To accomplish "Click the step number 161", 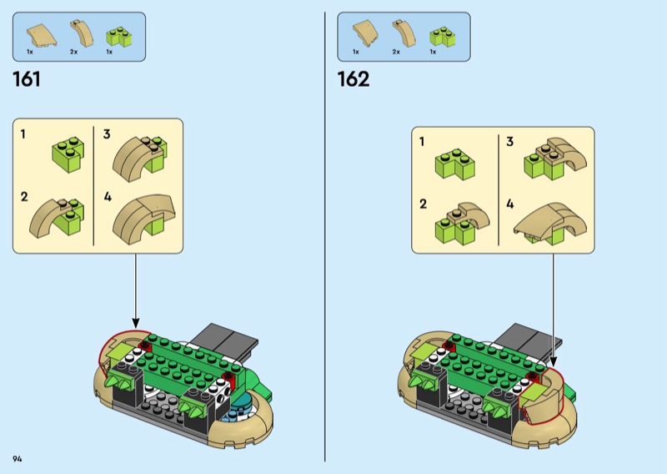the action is pos(27,79).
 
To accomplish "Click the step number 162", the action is pos(353,79).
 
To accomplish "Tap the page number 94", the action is pos(18,459).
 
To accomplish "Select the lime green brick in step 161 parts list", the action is pos(118,37).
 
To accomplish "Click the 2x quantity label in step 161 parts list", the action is pos(74,52).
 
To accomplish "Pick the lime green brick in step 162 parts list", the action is pos(443,37).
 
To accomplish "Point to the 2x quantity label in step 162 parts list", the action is pos(396,52).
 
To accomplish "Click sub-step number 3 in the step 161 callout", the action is pos(107,134).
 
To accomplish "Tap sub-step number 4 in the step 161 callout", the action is pos(108,197).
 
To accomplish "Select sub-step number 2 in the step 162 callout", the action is pos(423,204).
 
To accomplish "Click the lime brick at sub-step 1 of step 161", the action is pos(68,154).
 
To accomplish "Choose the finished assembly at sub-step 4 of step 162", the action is pos(550,223).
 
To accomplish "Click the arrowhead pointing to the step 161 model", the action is pos(136,323).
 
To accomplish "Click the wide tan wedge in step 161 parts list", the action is pos(42,35).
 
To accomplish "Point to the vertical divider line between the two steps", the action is pos(325,237).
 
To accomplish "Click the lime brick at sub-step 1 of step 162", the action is pos(454,164).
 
